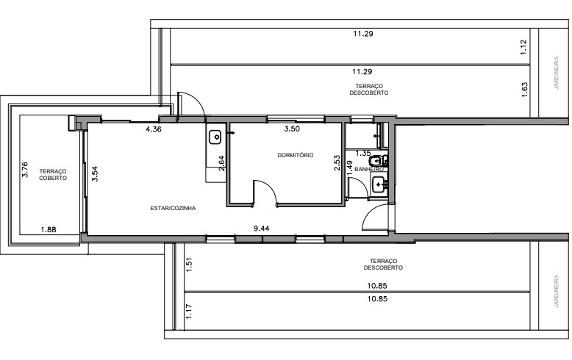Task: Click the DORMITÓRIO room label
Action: [x=296, y=155]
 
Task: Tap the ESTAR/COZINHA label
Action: [x=173, y=208]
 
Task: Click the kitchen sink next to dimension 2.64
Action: [x=216, y=137]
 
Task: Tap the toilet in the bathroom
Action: [x=379, y=162]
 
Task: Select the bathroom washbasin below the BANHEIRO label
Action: [x=379, y=184]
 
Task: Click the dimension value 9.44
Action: [x=262, y=228]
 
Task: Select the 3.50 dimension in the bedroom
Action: [x=293, y=129]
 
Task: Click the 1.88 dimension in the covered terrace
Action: [x=48, y=229]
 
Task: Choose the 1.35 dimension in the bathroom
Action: [x=362, y=153]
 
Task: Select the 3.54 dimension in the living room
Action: [x=94, y=175]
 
